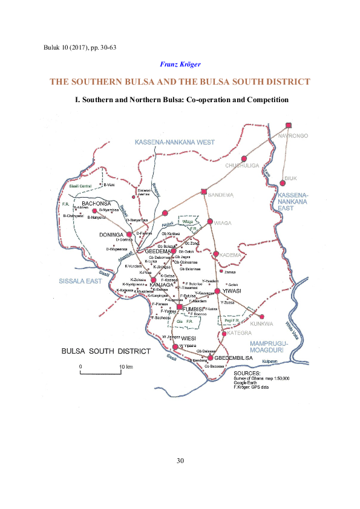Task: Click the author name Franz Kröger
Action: [180, 63]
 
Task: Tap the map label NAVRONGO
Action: [293, 135]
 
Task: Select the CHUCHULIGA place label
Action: [242, 164]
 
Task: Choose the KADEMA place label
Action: [231, 254]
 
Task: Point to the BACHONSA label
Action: [97, 204]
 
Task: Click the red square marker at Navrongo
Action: [289, 125]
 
